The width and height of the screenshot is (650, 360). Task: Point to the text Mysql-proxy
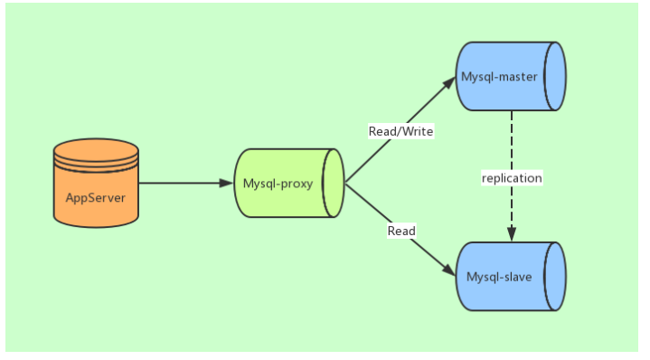[278, 184]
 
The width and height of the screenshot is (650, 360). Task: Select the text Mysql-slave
[499, 276]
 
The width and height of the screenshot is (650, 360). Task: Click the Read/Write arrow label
[400, 131]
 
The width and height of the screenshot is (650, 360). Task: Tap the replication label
[512, 178]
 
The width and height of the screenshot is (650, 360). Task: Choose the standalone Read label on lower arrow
[401, 231]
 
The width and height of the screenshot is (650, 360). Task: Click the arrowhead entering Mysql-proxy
[226, 184]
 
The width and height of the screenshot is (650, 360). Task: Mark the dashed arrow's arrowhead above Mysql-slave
[512, 235]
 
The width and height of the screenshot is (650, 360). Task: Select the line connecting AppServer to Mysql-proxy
[181, 184]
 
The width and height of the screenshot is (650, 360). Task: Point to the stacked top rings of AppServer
[96, 154]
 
